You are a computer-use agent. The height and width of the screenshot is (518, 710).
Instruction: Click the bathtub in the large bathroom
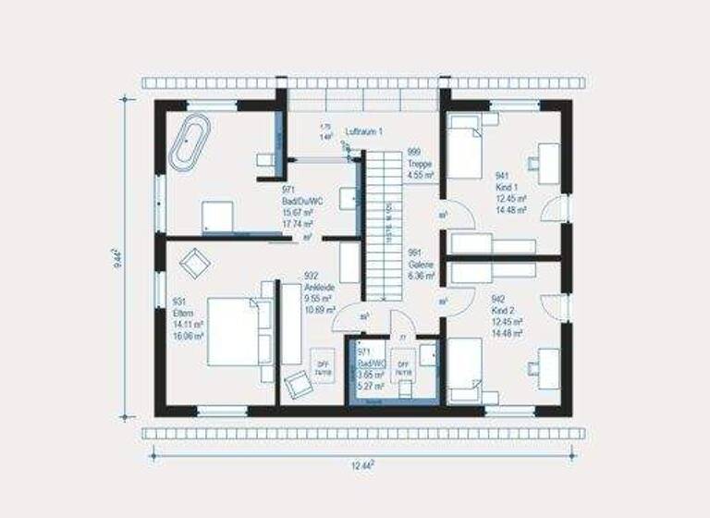pos(190,143)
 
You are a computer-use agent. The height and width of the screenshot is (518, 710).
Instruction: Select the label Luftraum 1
pos(364,132)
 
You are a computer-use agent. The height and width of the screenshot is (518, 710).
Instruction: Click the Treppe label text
pos(421,163)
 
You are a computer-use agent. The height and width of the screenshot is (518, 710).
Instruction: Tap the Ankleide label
pos(318,287)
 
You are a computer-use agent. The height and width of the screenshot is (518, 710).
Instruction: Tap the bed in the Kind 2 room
pos(465,368)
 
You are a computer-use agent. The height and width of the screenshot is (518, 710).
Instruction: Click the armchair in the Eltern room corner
pos(194,265)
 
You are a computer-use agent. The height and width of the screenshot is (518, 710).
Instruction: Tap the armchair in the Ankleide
pos(298,381)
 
